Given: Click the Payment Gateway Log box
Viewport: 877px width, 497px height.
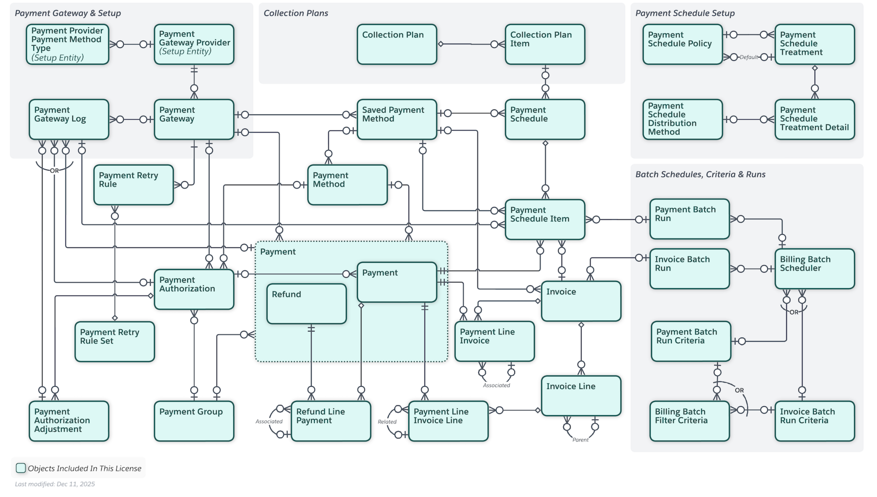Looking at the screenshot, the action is (x=69, y=119).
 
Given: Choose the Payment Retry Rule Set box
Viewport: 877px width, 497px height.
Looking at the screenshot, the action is (x=114, y=341).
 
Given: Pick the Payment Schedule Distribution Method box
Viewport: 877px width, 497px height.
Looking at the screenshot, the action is (x=683, y=119).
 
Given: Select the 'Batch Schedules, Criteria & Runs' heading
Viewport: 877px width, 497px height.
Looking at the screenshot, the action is (x=700, y=174).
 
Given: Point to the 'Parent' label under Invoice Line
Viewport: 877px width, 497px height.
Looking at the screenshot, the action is (x=580, y=440).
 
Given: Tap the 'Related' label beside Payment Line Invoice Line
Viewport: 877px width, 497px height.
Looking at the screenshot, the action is (x=387, y=422).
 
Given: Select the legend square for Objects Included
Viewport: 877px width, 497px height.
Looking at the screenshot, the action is (x=21, y=468).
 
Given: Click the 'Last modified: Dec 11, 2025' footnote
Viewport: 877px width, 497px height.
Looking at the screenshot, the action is (x=55, y=484).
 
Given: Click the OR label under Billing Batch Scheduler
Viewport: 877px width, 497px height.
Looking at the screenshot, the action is (x=794, y=312).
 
